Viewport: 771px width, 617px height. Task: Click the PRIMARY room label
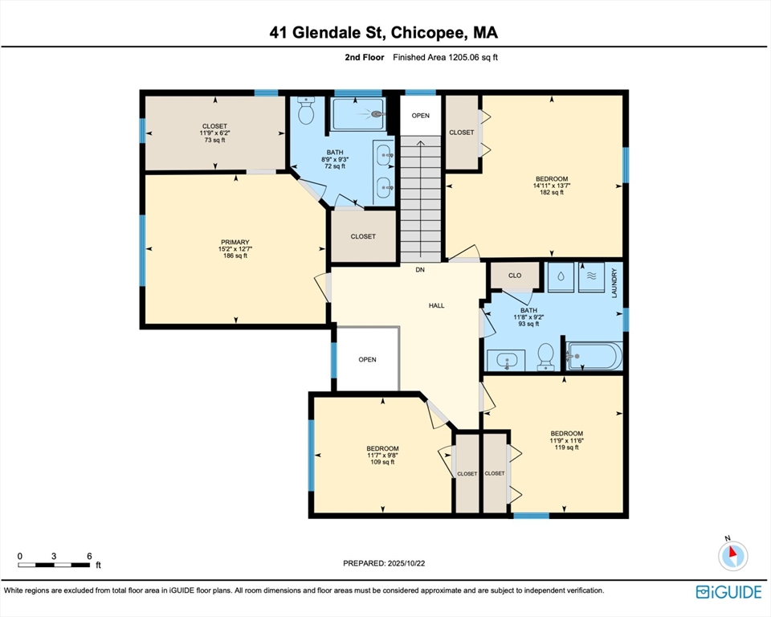click(x=235, y=242)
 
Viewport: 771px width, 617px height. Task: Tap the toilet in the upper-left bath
click(x=306, y=110)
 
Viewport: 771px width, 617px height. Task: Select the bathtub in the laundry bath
click(x=594, y=356)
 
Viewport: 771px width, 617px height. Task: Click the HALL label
click(x=437, y=305)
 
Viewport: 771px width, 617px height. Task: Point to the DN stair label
click(x=420, y=270)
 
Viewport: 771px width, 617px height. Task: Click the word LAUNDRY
click(x=614, y=283)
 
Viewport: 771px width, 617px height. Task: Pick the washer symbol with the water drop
click(x=561, y=276)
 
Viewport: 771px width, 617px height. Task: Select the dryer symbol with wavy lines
click(x=592, y=276)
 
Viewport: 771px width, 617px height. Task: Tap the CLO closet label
click(x=515, y=276)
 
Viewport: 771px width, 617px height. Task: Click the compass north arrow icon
click(x=733, y=555)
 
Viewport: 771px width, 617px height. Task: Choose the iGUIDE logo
click(x=728, y=591)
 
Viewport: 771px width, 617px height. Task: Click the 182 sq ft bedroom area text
click(x=552, y=192)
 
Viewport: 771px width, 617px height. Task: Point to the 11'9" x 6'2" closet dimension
click(x=214, y=133)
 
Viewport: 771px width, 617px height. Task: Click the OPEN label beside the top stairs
click(x=420, y=116)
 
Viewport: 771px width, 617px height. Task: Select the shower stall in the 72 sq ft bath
click(x=358, y=113)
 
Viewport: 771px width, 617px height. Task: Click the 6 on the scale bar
click(x=89, y=556)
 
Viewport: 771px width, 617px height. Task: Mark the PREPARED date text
click(x=384, y=563)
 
